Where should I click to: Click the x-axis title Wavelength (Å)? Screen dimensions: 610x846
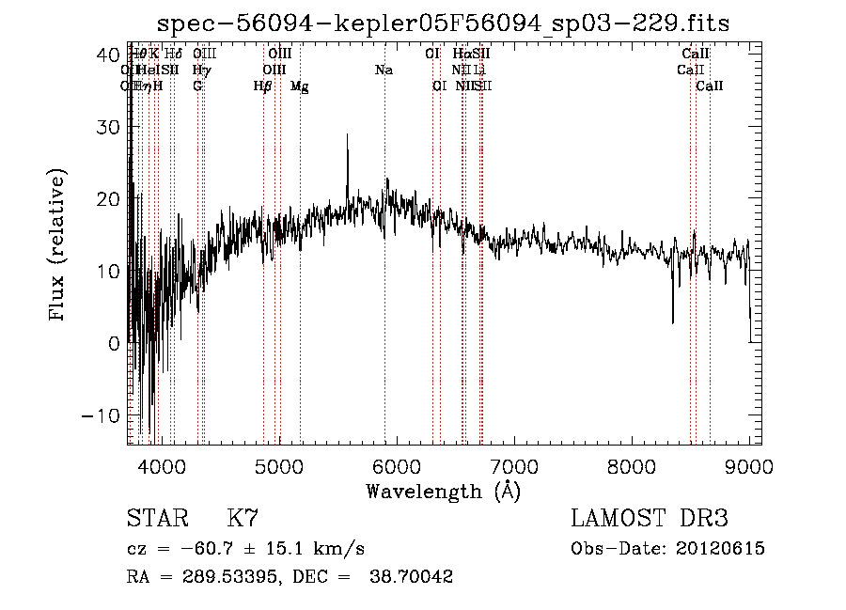[443, 491]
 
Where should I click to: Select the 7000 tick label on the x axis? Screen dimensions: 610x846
[513, 465]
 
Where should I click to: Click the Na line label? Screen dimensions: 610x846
[384, 70]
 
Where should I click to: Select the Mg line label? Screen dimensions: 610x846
[300, 86]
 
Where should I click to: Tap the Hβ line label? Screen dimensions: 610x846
[263, 86]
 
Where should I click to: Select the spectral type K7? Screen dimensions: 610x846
[243, 518]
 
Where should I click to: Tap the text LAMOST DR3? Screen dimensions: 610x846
[650, 518]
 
